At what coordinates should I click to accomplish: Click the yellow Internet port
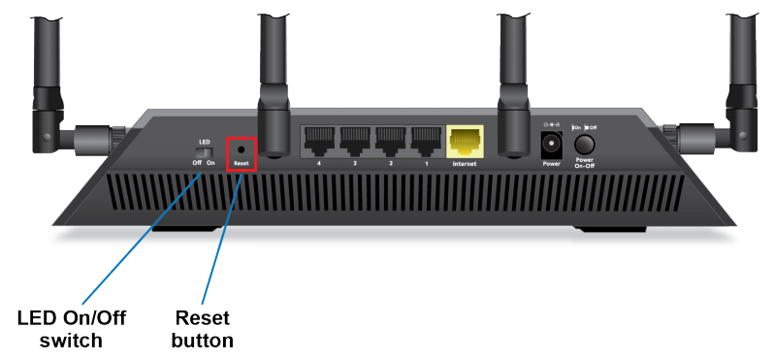point(465,143)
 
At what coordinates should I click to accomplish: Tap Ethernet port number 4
point(317,142)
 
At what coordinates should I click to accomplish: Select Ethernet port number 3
point(354,142)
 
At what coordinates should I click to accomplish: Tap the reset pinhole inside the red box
point(241,150)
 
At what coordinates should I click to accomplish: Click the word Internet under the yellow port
point(465,165)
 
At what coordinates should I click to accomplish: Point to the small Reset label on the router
point(241,164)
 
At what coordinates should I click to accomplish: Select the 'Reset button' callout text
point(203,329)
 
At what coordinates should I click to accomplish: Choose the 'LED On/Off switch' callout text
point(72,329)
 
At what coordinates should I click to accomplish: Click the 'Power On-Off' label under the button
point(584,163)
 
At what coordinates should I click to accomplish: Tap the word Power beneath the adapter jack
point(551,164)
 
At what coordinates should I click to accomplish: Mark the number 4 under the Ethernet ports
point(317,164)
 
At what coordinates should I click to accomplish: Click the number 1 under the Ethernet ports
point(427,164)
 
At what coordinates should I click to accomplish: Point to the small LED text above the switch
point(204,142)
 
